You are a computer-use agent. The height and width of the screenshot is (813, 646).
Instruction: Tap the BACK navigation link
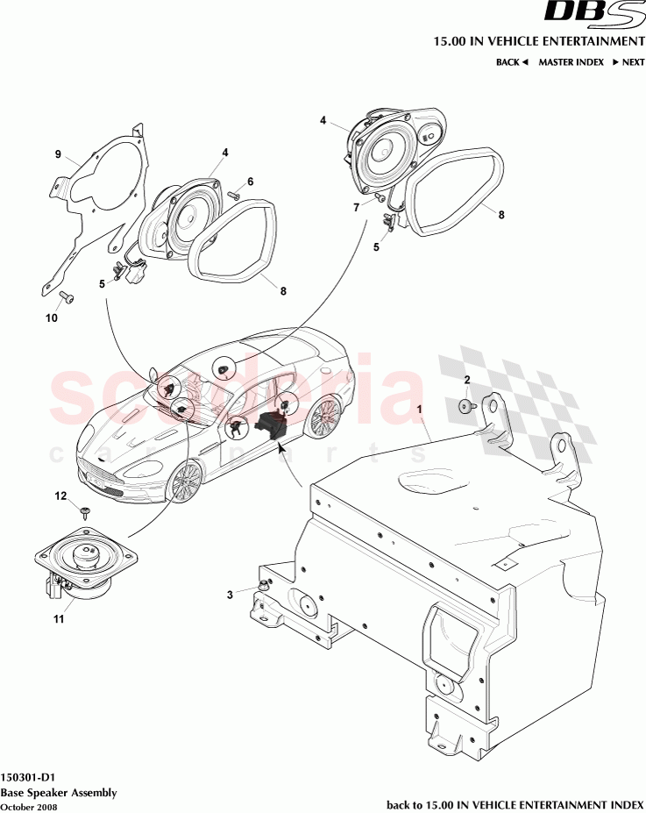[x=511, y=62]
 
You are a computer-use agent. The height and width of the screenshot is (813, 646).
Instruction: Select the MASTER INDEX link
[x=571, y=62]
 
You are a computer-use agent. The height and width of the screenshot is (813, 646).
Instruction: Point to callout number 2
[x=466, y=380]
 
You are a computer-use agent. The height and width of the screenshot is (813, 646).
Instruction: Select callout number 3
[x=231, y=595]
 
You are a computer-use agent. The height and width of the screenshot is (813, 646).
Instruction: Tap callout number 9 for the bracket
[x=58, y=155]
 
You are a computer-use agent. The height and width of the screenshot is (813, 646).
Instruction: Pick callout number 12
[x=60, y=496]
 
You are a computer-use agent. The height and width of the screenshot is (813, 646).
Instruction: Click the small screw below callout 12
[x=85, y=512]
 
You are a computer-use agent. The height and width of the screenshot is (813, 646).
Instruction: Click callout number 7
[x=356, y=208]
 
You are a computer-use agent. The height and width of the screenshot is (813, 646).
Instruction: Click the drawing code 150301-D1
[x=30, y=777]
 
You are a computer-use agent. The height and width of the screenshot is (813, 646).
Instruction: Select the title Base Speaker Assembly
[x=58, y=792]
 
